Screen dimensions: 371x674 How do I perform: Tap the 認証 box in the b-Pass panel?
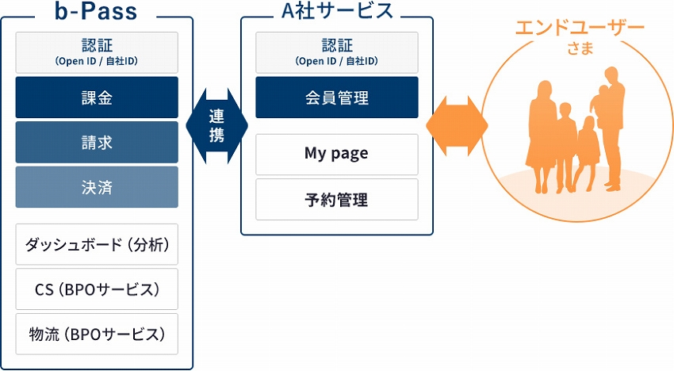point(98,52)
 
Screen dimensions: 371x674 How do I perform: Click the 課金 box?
point(98,98)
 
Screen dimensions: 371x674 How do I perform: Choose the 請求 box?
point(98,142)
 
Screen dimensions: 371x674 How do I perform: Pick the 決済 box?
point(98,187)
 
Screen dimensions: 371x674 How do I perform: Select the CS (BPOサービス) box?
point(98,289)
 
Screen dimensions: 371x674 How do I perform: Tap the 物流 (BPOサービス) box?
point(98,334)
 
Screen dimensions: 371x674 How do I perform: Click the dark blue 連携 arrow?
point(216,125)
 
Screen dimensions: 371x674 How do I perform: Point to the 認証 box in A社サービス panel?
point(336,52)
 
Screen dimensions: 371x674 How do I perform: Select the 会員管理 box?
point(336,98)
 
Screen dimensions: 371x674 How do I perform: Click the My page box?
point(336,154)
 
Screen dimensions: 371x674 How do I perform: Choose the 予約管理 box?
point(336,199)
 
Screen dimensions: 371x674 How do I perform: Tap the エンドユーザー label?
point(580,28)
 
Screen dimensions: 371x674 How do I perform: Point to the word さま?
point(580,49)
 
